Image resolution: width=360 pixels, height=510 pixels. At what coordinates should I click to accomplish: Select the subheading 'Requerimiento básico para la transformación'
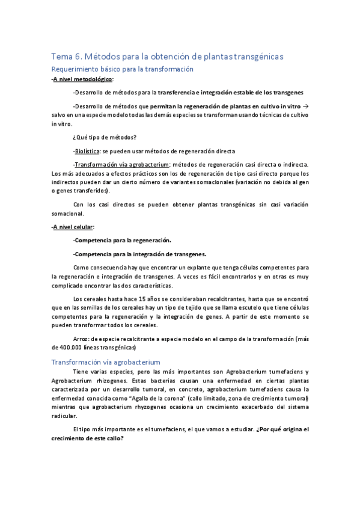pos(122,69)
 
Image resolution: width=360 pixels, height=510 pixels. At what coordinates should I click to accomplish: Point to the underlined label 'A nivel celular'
pos(73,227)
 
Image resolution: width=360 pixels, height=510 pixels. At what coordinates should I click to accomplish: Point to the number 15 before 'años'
pos(142,298)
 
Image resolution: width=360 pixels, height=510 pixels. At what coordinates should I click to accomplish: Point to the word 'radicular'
pos(64,416)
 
